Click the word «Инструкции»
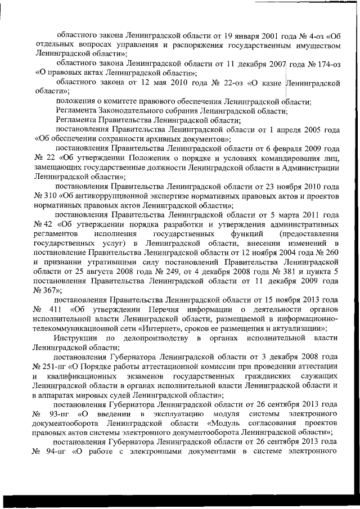[x=75, y=338]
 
